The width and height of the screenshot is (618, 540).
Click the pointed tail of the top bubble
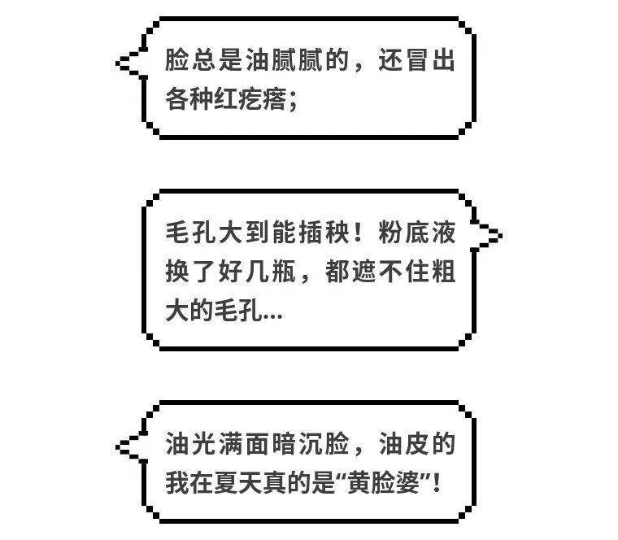pyautogui.click(x=118, y=63)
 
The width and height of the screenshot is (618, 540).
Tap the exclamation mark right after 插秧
pyautogui.click(x=358, y=232)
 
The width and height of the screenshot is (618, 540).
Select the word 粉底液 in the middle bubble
pyautogui.click(x=417, y=232)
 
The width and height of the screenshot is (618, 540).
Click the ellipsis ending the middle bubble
pyautogui.click(x=272, y=316)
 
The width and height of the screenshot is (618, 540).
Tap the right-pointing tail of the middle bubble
pyautogui.click(x=500, y=236)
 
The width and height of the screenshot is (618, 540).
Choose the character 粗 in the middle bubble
pyautogui.click(x=444, y=272)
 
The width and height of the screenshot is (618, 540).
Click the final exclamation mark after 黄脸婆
pyautogui.click(x=437, y=482)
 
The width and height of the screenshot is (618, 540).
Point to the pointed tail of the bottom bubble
pyautogui.click(x=118, y=446)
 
